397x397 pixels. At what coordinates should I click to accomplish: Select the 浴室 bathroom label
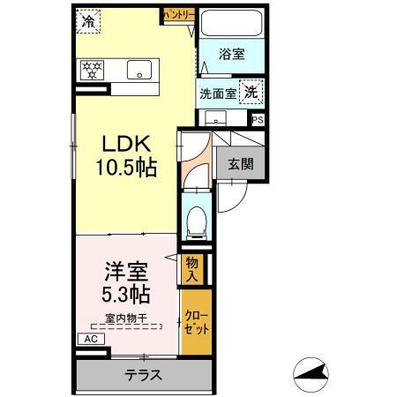(232, 55)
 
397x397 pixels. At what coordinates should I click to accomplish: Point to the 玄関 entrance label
(240, 163)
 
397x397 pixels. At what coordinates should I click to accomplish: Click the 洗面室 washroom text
(217, 92)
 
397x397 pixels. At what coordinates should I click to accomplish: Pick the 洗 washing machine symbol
(251, 91)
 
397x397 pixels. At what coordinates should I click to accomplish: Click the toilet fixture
(196, 218)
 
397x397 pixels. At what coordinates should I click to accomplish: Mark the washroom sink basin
(213, 118)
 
